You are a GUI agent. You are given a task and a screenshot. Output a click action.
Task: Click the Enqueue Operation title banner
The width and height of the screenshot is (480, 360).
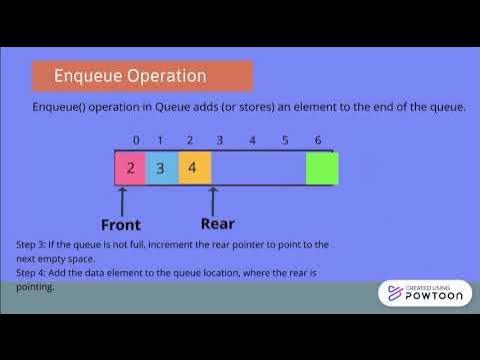point(141,76)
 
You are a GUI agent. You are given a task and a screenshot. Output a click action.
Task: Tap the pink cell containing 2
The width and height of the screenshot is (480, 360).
point(131,168)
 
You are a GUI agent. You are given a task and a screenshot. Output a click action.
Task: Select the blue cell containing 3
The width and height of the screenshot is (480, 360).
point(162,168)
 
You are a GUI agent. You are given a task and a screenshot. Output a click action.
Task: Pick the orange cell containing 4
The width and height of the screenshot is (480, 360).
point(195,168)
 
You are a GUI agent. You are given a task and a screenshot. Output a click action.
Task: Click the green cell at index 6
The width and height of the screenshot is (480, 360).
point(322,168)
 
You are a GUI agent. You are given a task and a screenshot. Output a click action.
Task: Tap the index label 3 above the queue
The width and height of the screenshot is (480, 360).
point(219,140)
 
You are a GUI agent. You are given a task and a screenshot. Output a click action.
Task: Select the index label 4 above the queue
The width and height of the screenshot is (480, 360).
point(253,140)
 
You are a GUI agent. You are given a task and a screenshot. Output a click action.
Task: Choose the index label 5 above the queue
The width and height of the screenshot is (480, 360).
point(285,140)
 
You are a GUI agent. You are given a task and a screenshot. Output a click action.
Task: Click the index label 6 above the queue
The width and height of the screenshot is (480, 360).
point(318,140)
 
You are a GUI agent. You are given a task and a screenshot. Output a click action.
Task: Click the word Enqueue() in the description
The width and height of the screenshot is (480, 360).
point(61,107)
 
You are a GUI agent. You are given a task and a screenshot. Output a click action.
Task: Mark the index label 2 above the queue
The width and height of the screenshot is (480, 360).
point(190,140)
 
